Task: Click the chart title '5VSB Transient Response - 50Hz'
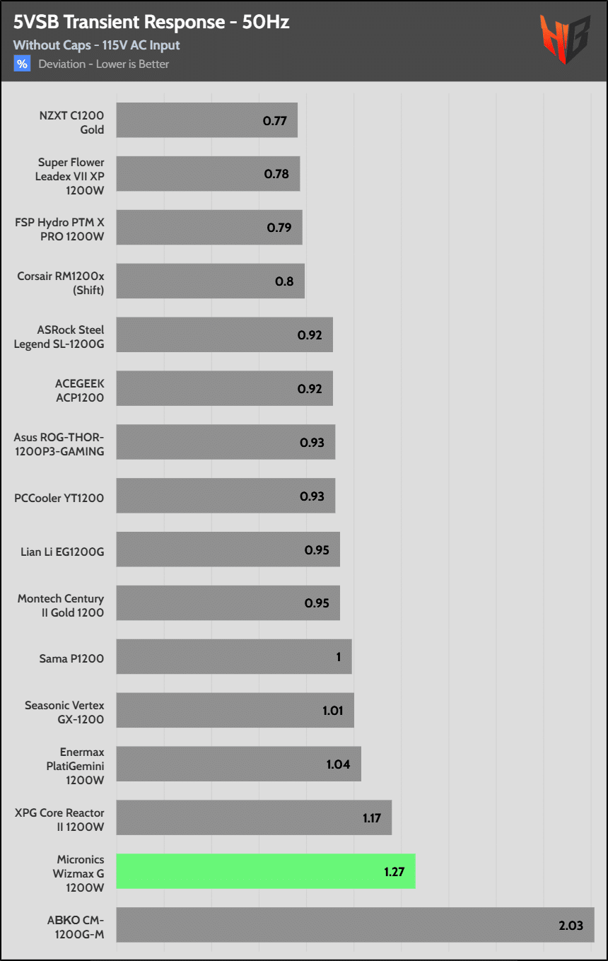click(151, 23)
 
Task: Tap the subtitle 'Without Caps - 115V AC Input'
click(96, 45)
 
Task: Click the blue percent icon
click(22, 64)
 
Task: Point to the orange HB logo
click(565, 40)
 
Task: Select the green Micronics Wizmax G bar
click(265, 871)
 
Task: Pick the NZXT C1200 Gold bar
click(206, 120)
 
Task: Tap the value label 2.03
click(571, 925)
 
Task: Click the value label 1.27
click(394, 871)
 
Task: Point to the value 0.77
click(274, 120)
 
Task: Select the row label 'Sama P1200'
click(71, 658)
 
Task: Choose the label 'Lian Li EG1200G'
click(62, 551)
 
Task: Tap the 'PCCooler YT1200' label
click(59, 498)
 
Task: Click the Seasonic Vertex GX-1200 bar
click(235, 710)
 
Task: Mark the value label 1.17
click(373, 817)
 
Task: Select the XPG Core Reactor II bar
click(254, 817)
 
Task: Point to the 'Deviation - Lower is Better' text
click(104, 64)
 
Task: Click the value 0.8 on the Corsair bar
click(284, 281)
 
